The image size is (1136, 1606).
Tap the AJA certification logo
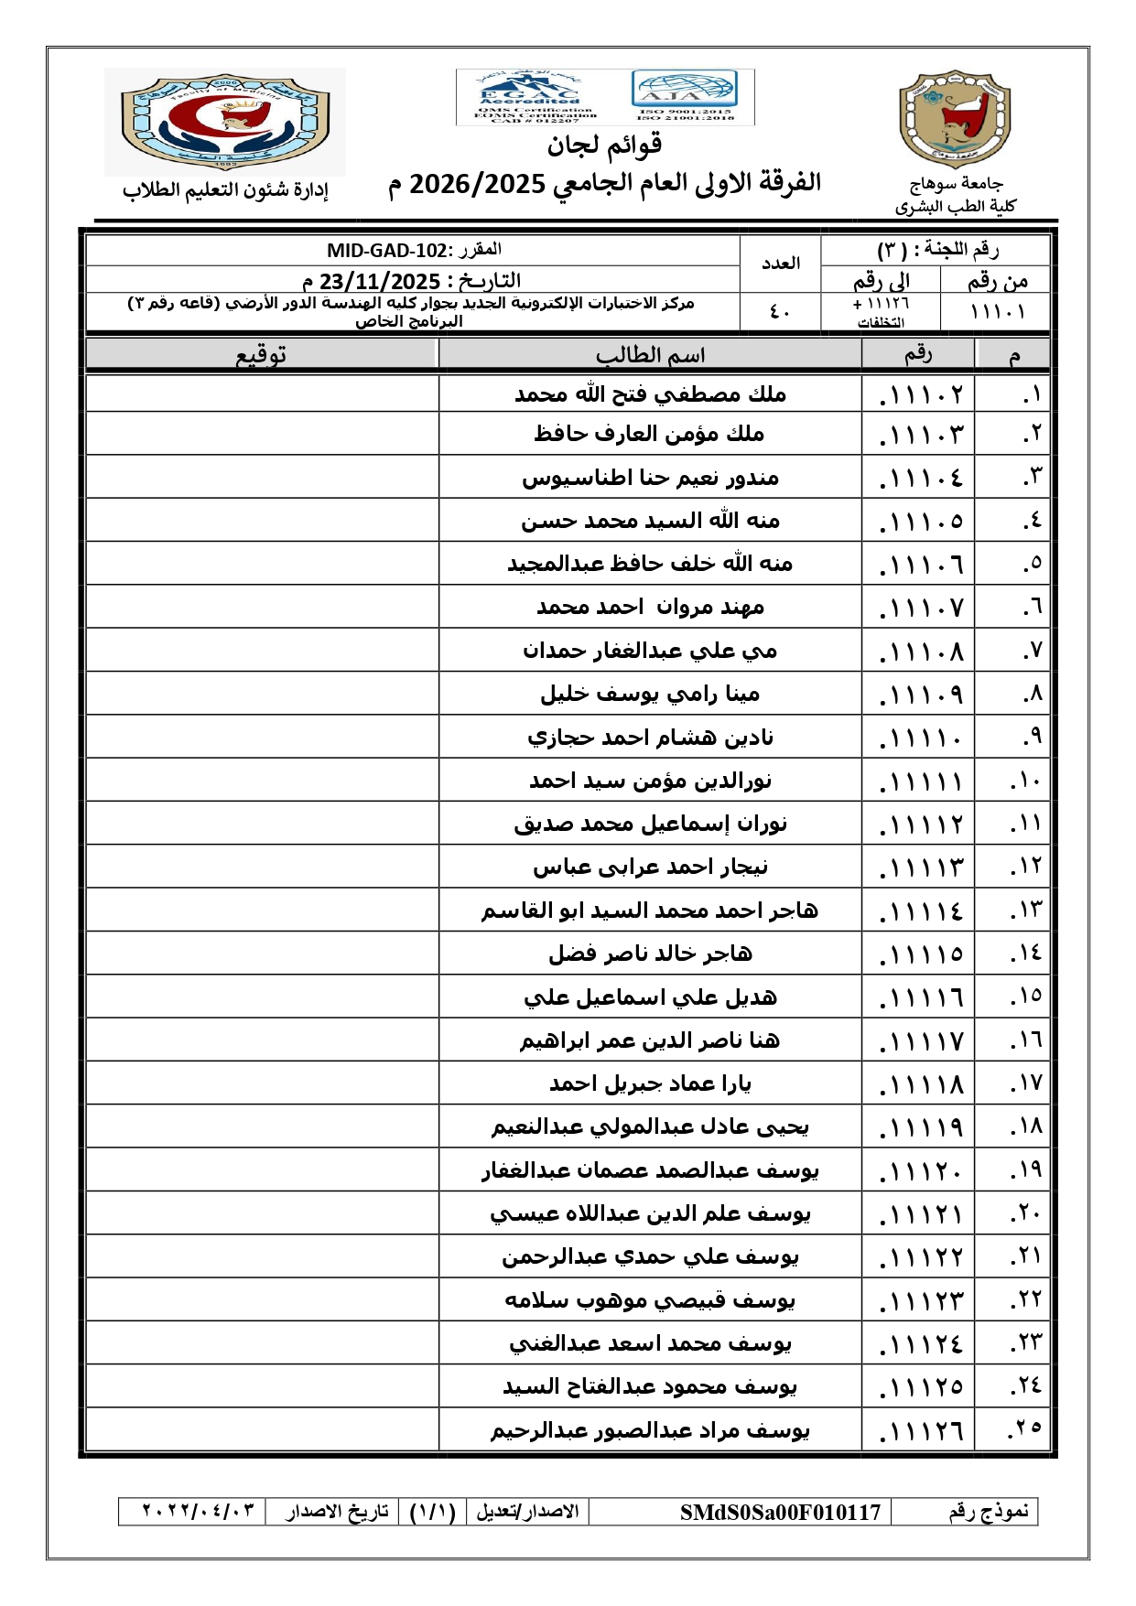[x=684, y=96]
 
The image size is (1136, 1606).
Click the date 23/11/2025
[x=380, y=281]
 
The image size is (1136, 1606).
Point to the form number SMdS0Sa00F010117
[x=780, y=1512]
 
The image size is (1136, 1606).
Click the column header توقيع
[x=261, y=355]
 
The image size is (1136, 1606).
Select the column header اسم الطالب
[x=650, y=355]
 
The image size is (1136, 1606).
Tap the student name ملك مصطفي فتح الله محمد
[x=650, y=394]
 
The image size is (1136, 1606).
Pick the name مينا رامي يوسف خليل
[x=650, y=695]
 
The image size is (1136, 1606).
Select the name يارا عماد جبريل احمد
[x=650, y=1084]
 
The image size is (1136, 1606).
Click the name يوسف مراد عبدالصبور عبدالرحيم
[x=650, y=1430]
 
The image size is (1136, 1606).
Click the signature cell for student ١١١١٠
[x=262, y=738]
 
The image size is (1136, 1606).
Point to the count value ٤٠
[x=780, y=312]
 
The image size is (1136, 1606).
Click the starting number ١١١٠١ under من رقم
[x=997, y=312]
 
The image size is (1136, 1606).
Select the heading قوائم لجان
[x=604, y=145]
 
